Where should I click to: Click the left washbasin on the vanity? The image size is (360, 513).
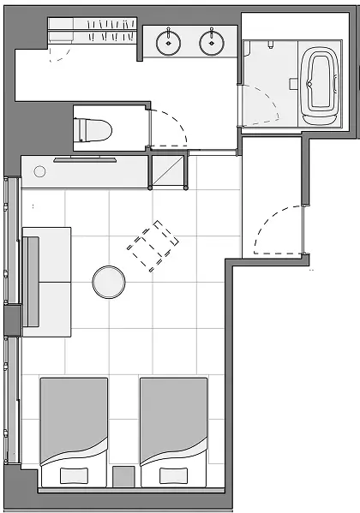pos(169,40)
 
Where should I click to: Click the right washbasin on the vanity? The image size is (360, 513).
pos(212,40)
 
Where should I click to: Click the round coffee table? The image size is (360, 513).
pos(110,281)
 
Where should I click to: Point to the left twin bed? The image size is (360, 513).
pos(74,424)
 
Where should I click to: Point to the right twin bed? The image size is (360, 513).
pos(174,424)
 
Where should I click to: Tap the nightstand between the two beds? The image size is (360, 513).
pos(124,476)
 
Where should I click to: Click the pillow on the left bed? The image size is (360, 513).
pos(75,475)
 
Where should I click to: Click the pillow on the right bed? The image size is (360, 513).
pos(174,475)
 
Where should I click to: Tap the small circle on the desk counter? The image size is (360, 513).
pos(39,172)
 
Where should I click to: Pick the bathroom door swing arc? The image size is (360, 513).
pos(261,107)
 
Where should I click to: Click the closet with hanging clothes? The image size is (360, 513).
pos(94,33)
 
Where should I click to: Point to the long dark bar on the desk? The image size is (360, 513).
pos(87,159)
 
